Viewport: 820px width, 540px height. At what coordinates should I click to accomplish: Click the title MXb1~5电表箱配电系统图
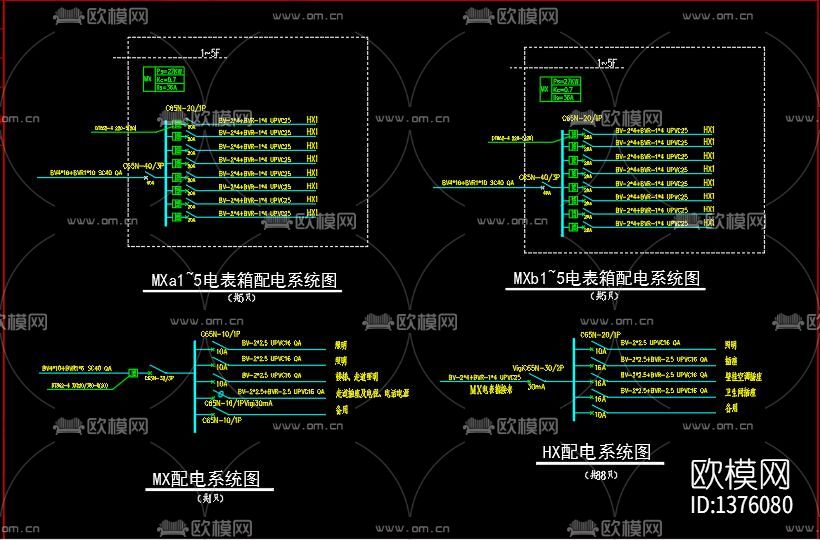pyautogui.click(x=606, y=278)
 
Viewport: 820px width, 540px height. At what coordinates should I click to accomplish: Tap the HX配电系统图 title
pyautogui.click(x=596, y=452)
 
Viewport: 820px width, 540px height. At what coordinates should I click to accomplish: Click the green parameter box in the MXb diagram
pyautogui.click(x=557, y=90)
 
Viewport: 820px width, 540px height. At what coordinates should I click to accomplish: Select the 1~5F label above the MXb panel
pyautogui.click(x=606, y=63)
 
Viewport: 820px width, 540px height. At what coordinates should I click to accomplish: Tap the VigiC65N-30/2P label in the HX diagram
pyautogui.click(x=536, y=369)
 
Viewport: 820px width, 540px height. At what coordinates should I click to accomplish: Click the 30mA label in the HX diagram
pyautogui.click(x=536, y=386)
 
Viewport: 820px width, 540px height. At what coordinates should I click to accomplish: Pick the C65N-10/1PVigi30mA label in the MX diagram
pyautogui.click(x=237, y=403)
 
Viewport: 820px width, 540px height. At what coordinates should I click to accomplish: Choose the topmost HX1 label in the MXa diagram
pyautogui.click(x=312, y=118)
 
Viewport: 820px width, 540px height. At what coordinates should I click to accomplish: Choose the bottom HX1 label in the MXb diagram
pyautogui.click(x=709, y=222)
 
